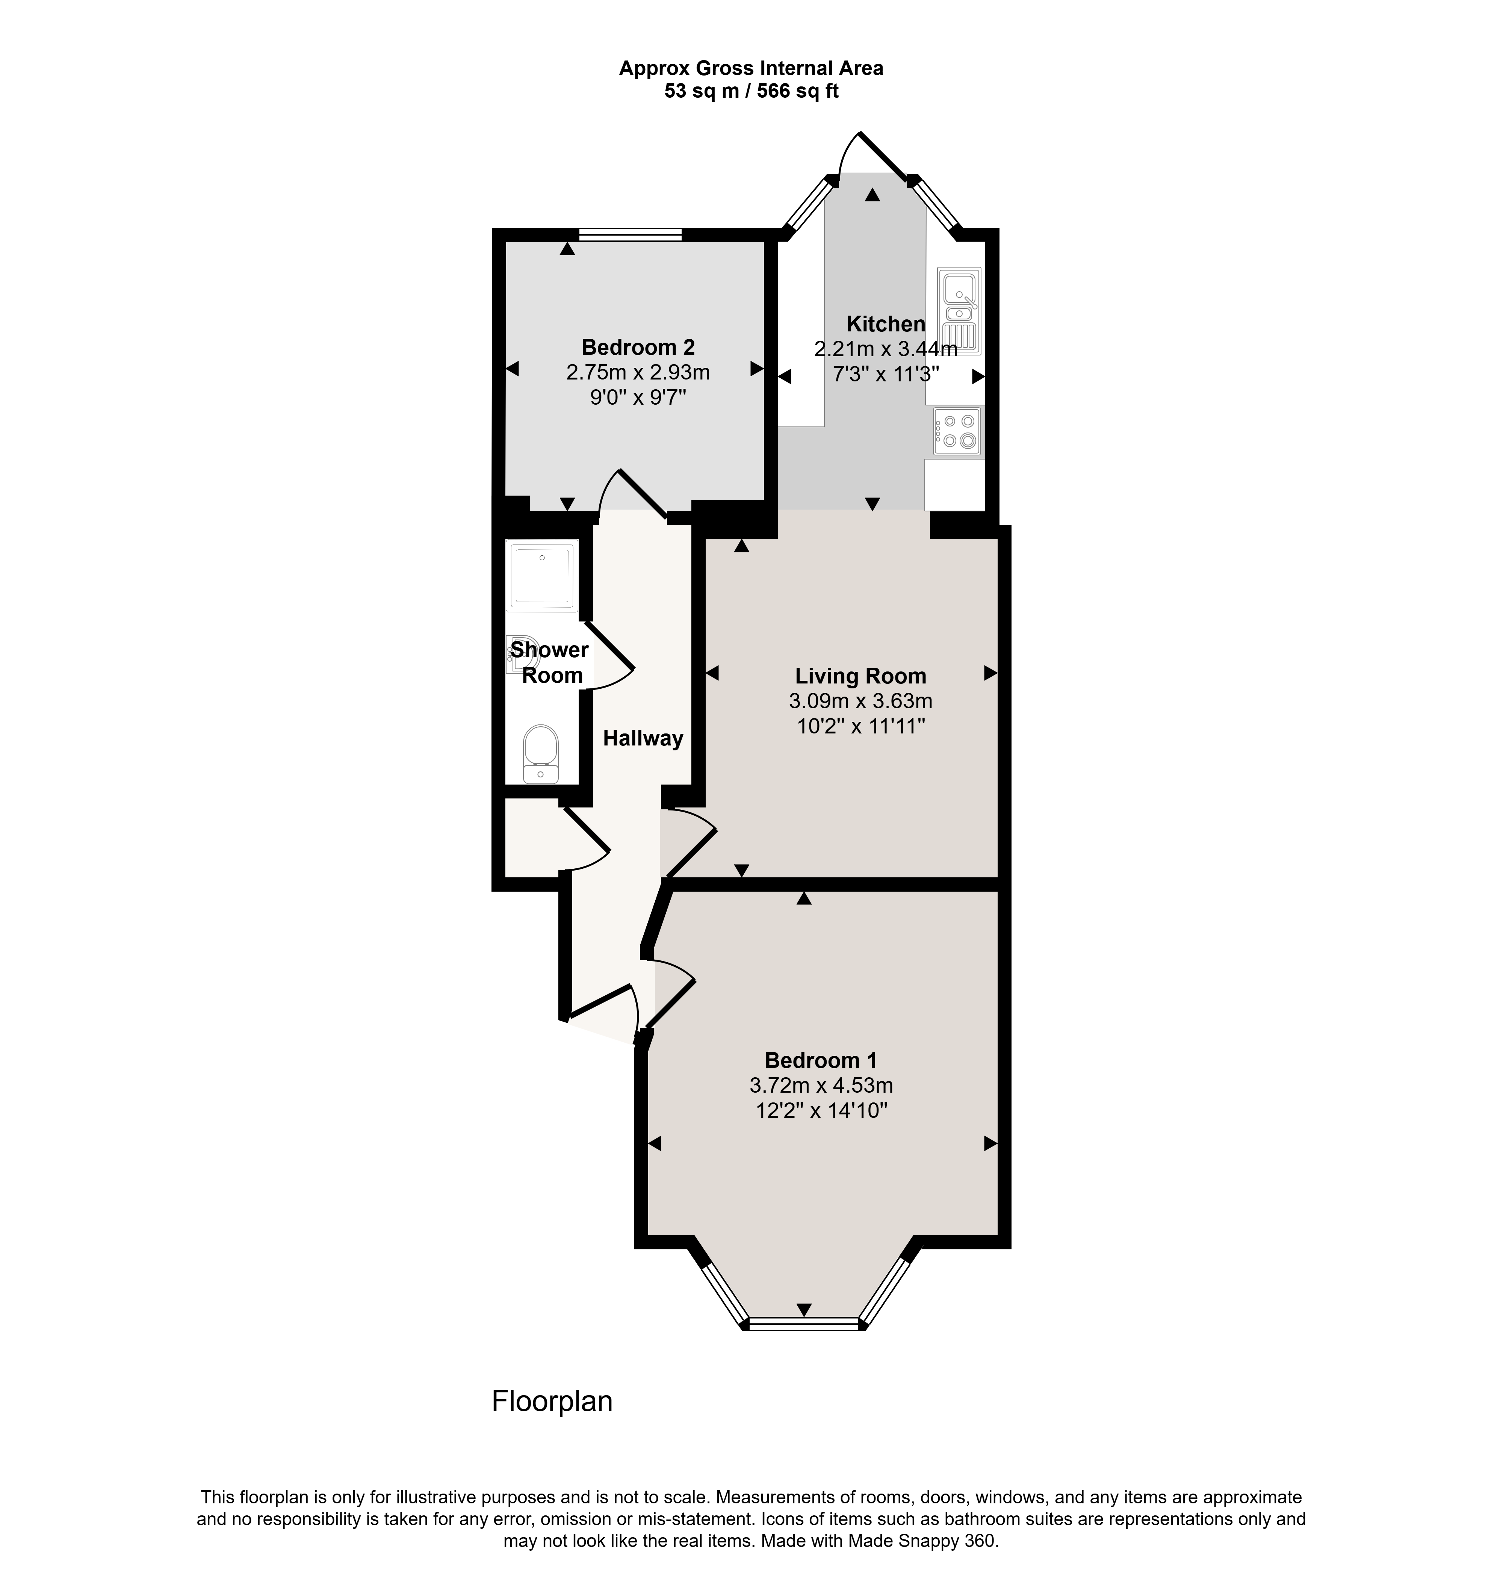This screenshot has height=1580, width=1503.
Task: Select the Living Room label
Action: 860,676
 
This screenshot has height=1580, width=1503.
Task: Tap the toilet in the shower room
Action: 540,753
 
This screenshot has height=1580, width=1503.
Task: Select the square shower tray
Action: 541,575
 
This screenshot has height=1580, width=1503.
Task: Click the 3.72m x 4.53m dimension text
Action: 820,1086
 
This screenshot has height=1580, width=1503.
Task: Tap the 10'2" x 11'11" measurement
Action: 860,727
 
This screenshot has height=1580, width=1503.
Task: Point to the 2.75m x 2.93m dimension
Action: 638,373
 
